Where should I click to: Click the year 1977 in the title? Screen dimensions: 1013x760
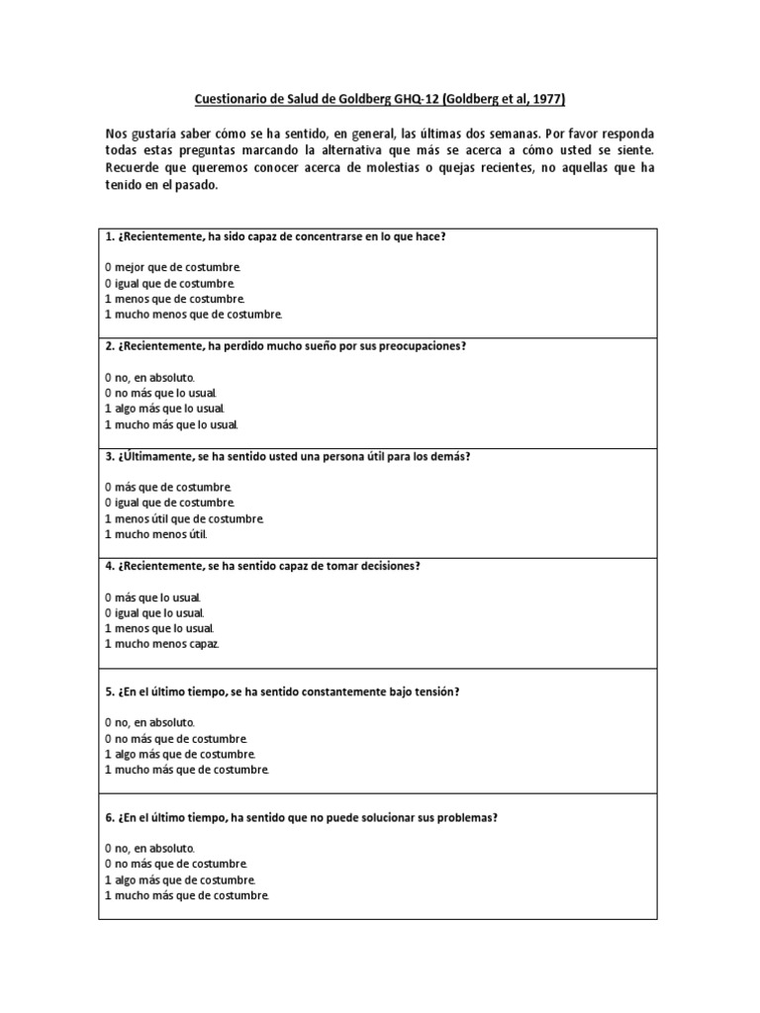pos(546,99)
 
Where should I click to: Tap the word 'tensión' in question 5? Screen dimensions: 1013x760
pos(434,692)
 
